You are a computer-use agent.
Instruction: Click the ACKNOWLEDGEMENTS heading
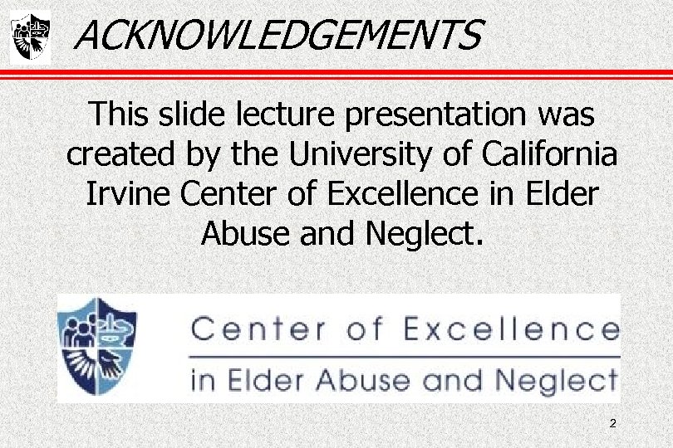[278, 36]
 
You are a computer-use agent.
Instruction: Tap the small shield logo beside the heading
[30, 37]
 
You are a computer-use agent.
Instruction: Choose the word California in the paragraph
[549, 154]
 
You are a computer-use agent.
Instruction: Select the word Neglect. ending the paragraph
[423, 233]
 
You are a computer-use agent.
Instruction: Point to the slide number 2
[612, 424]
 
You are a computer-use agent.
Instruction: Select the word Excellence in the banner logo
[511, 329]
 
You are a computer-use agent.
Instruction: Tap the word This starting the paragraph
[121, 114]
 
